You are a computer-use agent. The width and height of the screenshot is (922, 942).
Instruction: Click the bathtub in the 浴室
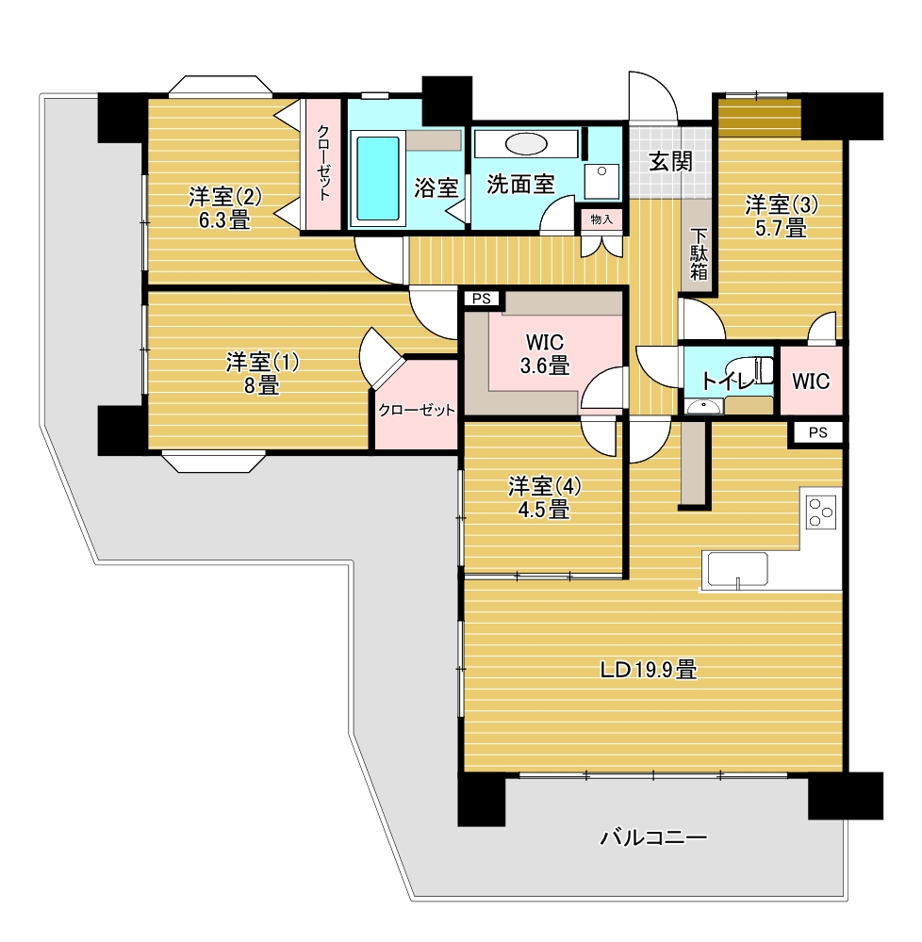click(x=378, y=178)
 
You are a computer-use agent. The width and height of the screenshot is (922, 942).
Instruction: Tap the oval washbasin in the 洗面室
click(x=526, y=144)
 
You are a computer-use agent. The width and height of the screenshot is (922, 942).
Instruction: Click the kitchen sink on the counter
click(x=737, y=569)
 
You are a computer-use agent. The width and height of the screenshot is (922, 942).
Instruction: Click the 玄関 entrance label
click(x=671, y=161)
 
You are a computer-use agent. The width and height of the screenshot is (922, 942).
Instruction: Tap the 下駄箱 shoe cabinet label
click(x=699, y=254)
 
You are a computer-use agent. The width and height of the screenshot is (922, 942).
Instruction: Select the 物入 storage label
click(x=601, y=219)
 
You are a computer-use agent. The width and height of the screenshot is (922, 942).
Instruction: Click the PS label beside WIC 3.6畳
click(x=482, y=299)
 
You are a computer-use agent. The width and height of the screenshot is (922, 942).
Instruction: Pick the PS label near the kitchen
click(x=817, y=432)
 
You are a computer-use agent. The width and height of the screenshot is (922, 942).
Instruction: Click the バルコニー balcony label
click(x=653, y=836)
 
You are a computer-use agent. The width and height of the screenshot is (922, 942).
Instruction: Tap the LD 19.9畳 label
click(x=650, y=669)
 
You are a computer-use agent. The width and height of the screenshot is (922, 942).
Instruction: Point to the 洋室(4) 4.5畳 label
click(x=545, y=497)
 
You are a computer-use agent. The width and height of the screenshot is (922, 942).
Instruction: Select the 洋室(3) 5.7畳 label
click(x=782, y=217)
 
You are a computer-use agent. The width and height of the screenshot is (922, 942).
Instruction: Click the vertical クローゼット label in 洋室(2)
click(x=323, y=162)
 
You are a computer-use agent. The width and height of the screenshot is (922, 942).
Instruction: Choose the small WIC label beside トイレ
click(x=811, y=381)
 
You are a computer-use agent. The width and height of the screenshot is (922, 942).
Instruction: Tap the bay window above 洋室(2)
click(x=221, y=86)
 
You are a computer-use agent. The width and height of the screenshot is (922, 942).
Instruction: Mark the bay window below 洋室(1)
click(x=213, y=462)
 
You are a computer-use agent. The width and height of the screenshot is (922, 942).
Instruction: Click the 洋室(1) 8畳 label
click(x=262, y=374)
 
